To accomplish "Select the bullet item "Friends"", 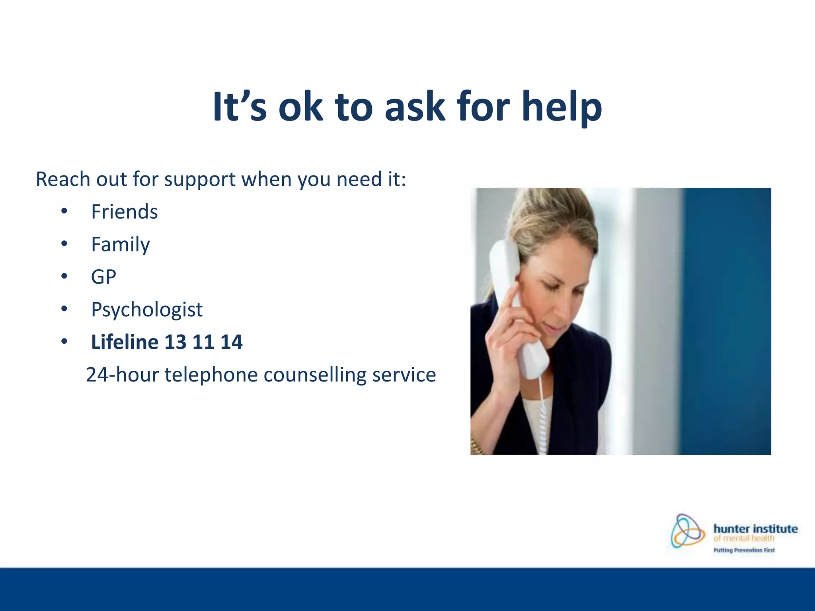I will pos(124,212).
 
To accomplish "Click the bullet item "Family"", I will pos(120,244).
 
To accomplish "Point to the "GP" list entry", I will pos(103,277).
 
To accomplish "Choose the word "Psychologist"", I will pos(146,309).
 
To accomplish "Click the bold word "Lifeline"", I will pos(125,342).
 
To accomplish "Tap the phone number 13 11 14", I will pos(203,342).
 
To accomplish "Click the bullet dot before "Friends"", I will pos(64,212).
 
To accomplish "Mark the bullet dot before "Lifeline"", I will pos(64,342).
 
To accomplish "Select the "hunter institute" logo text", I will pos(755,529).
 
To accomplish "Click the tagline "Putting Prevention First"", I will pos(744,551).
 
